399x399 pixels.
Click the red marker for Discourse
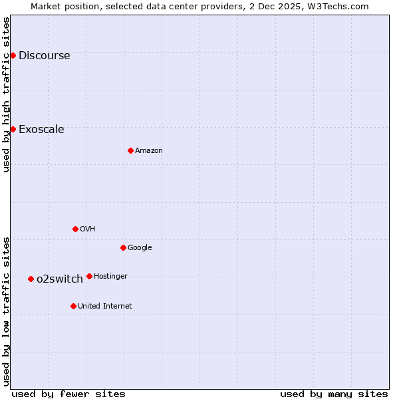pyautogui.click(x=13, y=55)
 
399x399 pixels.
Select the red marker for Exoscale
pyautogui.click(x=13, y=129)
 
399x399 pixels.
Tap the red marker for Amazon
pyautogui.click(x=130, y=150)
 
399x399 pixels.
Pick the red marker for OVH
pyautogui.click(x=75, y=229)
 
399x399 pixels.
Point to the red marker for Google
pyautogui.click(x=123, y=247)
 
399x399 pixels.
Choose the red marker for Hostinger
pyautogui.click(x=89, y=276)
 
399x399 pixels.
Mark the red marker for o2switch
pyautogui.click(x=31, y=279)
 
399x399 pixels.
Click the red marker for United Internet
pyautogui.click(x=73, y=306)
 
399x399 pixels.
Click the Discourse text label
pyautogui.click(x=44, y=55)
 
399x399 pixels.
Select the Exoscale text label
pyautogui.click(x=41, y=129)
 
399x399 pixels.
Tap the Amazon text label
pyautogui.click(x=149, y=150)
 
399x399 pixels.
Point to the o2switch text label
pyautogui.click(x=60, y=279)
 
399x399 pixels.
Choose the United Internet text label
pyautogui.click(x=105, y=306)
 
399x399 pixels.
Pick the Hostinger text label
pyautogui.click(x=110, y=276)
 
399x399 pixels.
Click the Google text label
pyautogui.click(x=140, y=247)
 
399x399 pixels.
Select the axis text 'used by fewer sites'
pyautogui.click(x=68, y=394)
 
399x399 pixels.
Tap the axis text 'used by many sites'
pyautogui.click(x=334, y=394)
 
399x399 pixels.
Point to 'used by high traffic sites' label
pyautogui.click(x=6, y=94)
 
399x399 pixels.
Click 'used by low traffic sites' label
pyautogui.click(x=6, y=311)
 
